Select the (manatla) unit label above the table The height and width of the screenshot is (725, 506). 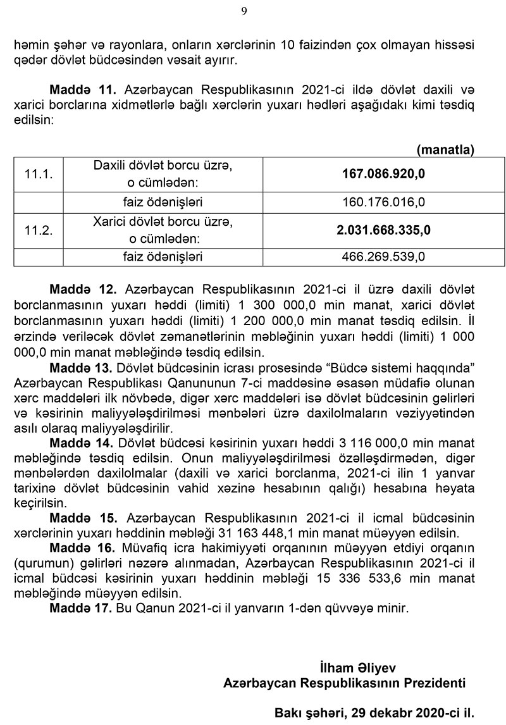point(445,149)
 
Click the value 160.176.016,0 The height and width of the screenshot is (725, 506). point(384,203)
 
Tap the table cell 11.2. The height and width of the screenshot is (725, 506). point(38,230)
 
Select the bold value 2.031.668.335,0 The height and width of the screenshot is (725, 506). point(384,230)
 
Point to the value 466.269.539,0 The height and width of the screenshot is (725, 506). point(384,257)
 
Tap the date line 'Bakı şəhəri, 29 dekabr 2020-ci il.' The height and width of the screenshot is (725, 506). point(374,713)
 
